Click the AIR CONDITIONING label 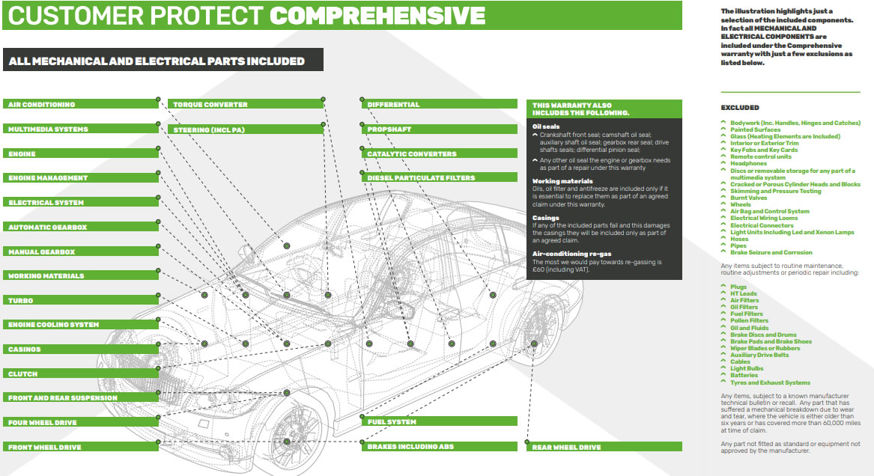[42, 105]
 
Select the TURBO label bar [21, 300]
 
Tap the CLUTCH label [23, 373]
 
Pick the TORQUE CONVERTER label [210, 105]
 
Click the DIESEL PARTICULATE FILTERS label [421, 177]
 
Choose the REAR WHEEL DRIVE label [566, 447]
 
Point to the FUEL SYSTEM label [392, 422]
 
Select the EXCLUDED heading [739, 108]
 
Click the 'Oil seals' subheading [546, 126]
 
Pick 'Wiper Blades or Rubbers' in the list [765, 348]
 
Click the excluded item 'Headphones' [748, 163]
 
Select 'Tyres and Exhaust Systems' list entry [770, 382]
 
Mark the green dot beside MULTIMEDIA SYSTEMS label [158, 123]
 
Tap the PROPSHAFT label [389, 129]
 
